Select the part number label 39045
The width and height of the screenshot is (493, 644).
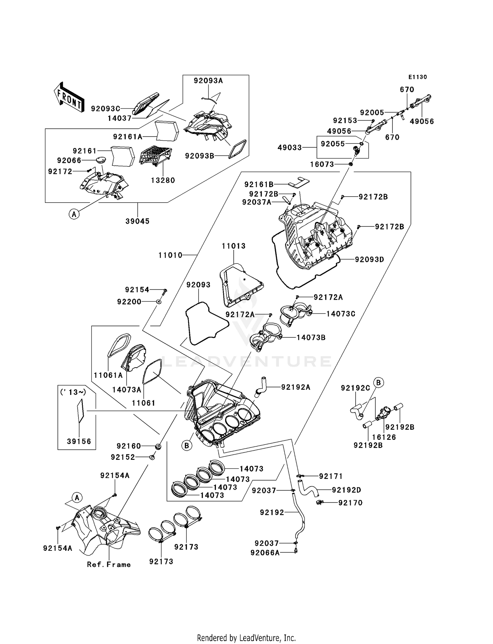pos(137,221)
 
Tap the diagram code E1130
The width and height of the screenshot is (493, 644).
pos(417,77)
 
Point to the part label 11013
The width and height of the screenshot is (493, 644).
pos(233,246)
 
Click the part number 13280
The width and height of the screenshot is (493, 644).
pos(163,180)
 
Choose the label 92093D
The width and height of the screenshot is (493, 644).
pos(369,260)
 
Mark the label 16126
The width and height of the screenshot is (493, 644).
pos(384,437)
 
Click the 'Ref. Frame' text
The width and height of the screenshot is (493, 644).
pos(109,565)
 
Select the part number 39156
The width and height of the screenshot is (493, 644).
pos(79,441)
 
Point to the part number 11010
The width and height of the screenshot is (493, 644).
pos(170,255)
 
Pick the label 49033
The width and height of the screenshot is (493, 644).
pos(290,148)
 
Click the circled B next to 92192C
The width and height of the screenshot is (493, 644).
pos(378,383)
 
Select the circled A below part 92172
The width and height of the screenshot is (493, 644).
pos(74,214)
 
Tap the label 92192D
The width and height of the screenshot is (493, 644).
pos(346,490)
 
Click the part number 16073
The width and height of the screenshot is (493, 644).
pos(322,164)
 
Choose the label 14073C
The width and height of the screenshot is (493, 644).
pos(340,314)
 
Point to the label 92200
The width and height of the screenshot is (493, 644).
pos(129,302)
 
